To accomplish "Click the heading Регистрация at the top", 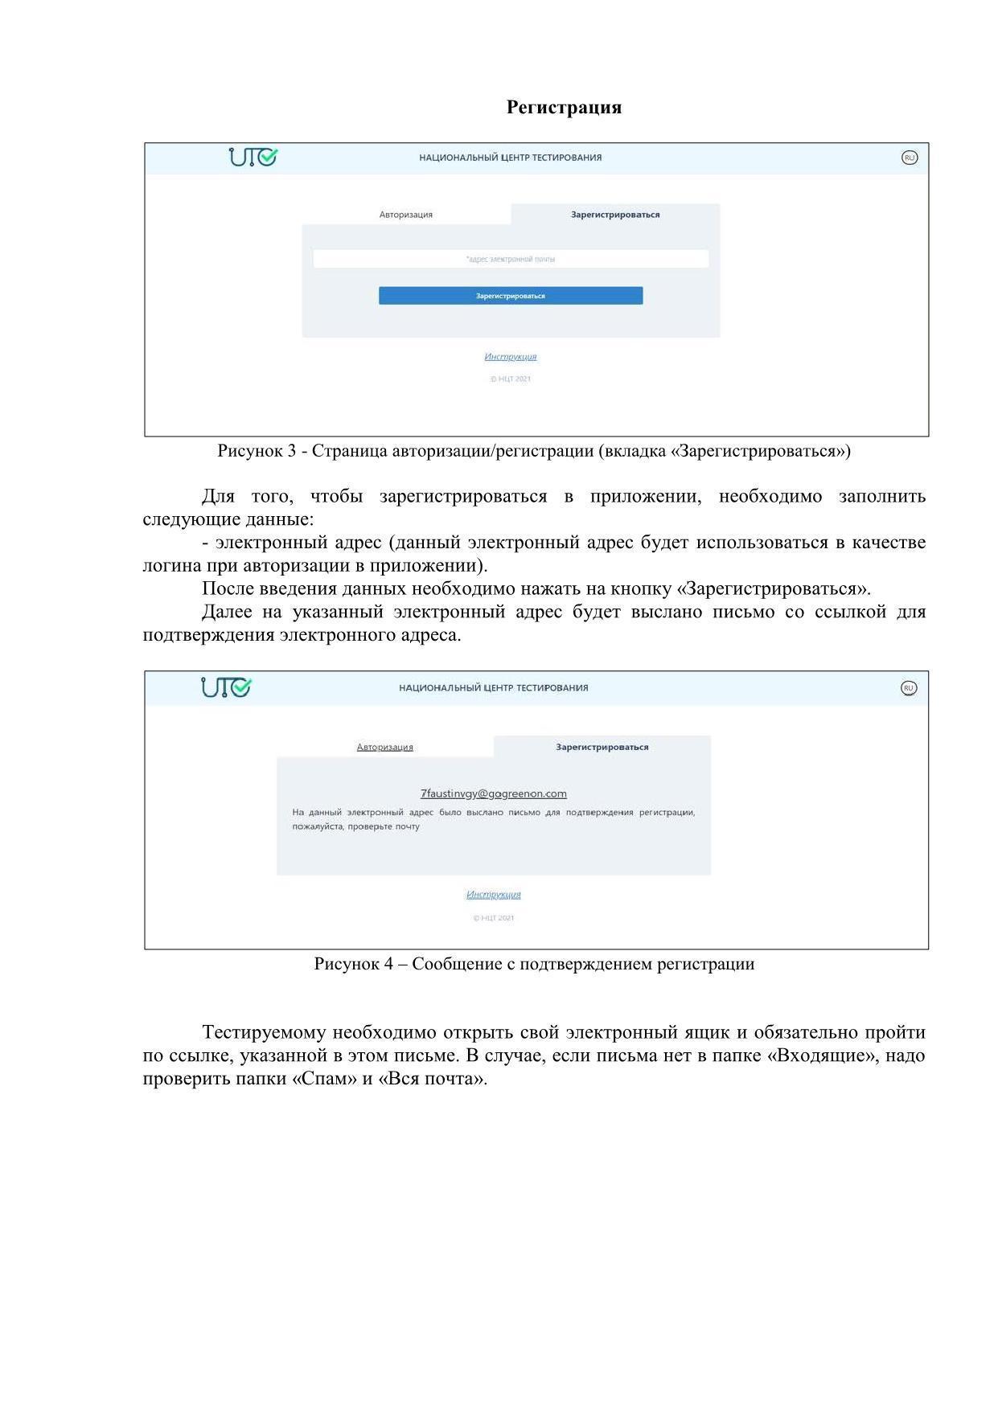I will pos(564,108).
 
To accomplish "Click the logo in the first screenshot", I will pos(253,157).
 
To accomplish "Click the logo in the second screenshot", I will pos(226,688).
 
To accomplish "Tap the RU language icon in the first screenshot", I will pos(910,158).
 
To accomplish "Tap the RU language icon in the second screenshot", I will pos(908,688).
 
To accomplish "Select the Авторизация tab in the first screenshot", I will pos(406,215).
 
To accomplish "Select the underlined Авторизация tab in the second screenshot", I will pos(384,748).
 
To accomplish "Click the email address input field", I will pos(511,259).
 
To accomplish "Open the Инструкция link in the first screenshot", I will pos(511,357).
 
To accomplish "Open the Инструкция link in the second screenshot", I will pos(494,895).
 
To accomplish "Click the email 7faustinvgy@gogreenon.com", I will pos(494,794).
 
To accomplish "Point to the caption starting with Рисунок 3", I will pos(534,451).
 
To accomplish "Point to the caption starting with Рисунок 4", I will pos(534,964).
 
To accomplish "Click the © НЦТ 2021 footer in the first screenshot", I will pos(511,379).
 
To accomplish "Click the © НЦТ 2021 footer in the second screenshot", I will pos(494,918).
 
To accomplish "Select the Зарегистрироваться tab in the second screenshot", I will pos(602,748).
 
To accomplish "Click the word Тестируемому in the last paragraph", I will pos(265,1032).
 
